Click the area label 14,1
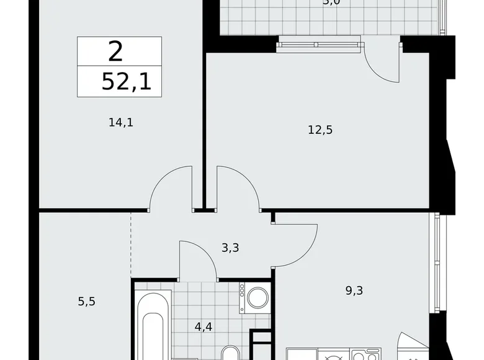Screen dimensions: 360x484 pos(121,122)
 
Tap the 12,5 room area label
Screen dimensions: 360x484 pos(321,130)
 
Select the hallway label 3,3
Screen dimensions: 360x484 pos(230,248)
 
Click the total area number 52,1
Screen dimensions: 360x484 pos(127,81)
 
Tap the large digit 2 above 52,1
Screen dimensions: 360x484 pos(115,52)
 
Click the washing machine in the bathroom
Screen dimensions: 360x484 pos(256,298)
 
